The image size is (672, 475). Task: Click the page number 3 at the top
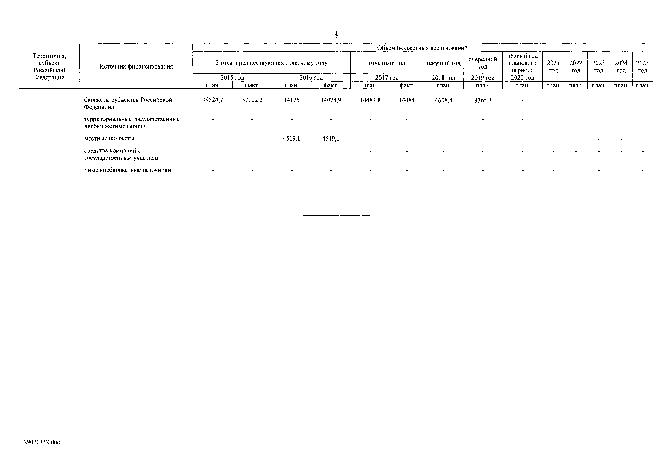335,35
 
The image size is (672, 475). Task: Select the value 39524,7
212,100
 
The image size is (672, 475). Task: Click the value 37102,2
252,100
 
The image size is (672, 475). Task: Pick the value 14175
292,100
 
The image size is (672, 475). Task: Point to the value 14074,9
331,100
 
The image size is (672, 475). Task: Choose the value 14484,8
370,100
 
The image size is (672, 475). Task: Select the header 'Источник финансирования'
136,67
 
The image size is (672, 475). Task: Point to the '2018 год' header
443,78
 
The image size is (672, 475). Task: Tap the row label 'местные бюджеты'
109,138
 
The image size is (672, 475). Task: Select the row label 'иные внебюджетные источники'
128,170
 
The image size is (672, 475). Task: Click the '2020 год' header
522,78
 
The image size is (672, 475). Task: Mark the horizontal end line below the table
336,216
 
